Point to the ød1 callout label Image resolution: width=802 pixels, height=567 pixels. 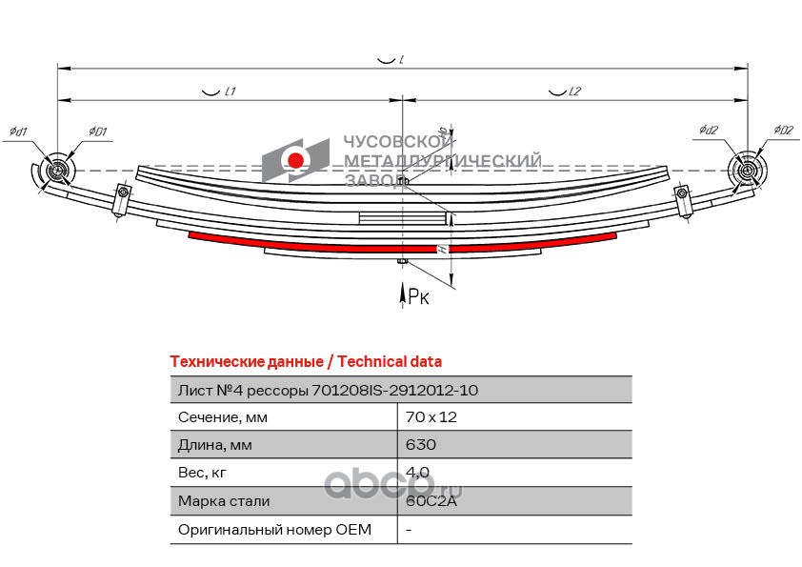coord(17,131)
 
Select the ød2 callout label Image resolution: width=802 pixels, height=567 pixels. coord(707,130)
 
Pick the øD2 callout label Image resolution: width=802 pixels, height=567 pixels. coord(783,130)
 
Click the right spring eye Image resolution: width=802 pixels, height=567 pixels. coord(747,172)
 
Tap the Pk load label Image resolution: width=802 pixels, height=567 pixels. coord(418,297)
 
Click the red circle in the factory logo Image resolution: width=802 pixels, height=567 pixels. coord(297,160)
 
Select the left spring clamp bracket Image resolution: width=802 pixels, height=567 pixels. coord(121,201)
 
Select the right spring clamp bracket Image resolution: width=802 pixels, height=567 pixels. coord(682,201)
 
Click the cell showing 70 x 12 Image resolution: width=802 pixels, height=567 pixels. coord(425,416)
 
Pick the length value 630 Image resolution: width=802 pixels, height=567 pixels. coord(420,444)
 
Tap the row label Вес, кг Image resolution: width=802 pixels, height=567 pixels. coord(203,472)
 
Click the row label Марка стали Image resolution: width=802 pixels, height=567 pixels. coord(223,500)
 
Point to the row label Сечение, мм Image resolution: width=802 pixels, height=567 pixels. coord(223,416)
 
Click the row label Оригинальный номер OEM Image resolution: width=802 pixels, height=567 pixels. coord(274,528)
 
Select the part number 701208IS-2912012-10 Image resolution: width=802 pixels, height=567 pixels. coord(394,390)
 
